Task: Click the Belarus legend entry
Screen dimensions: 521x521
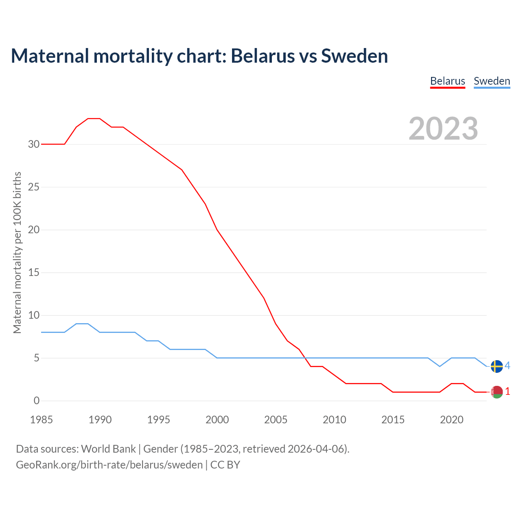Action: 447,81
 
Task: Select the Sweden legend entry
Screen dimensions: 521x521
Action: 492,81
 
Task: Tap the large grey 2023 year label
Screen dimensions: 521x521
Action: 443,129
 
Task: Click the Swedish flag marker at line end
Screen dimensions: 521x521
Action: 497,366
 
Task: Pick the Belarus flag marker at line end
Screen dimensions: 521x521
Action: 497,392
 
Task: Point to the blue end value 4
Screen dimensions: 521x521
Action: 507,366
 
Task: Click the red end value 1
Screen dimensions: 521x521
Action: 507,392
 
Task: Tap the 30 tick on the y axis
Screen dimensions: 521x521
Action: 34,144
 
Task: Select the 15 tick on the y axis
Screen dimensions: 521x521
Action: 34,273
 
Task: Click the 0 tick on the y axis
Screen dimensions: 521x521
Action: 37,401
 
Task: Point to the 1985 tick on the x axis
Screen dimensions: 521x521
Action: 42,420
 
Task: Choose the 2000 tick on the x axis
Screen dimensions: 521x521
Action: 217,420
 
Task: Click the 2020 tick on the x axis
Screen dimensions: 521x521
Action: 451,420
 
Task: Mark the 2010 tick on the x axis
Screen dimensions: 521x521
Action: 334,420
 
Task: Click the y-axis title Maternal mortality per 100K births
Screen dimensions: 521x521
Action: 17,253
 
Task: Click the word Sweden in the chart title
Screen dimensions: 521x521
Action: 354,56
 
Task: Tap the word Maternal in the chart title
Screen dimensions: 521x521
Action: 50,56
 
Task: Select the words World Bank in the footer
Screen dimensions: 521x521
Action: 108,449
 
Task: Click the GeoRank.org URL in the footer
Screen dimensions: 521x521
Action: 109,465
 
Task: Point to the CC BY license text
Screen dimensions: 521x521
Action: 225,465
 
